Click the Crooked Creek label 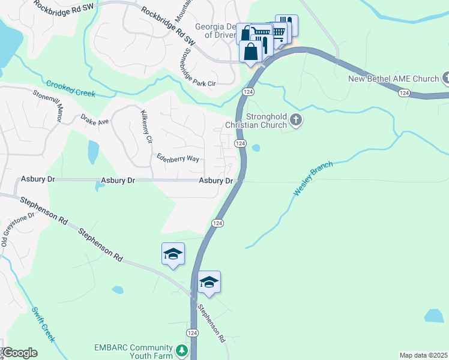click(71, 88)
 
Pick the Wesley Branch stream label click(313, 178)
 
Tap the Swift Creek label click(43, 325)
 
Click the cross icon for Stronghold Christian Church click(295, 121)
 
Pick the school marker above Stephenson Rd click(173, 254)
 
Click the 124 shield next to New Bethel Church click(404, 92)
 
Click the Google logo click(19, 353)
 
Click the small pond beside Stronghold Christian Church click(256, 148)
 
